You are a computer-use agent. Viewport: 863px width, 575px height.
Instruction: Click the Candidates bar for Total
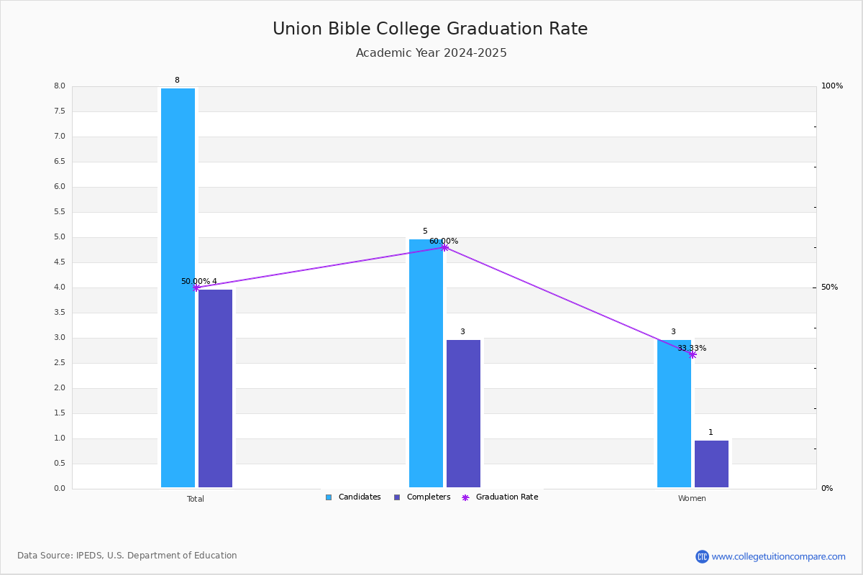[x=178, y=287]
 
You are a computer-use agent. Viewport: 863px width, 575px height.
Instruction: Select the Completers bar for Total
[x=215, y=388]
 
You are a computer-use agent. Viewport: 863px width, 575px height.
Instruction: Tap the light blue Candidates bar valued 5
[x=426, y=363]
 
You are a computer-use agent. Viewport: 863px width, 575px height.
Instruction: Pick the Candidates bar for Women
[x=675, y=413]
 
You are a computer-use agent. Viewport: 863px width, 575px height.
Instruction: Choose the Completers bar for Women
[x=711, y=464]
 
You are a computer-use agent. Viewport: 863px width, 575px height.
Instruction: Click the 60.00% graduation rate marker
[x=444, y=247]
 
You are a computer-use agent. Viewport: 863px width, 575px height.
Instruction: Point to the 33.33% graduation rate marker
[x=693, y=355]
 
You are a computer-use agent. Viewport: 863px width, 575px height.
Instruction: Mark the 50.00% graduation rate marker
[x=196, y=287]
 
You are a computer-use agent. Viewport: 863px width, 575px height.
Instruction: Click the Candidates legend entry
[x=353, y=497]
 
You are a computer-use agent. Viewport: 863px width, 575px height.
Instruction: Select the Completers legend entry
[x=422, y=497]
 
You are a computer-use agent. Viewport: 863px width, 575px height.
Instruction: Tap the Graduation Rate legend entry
[x=500, y=497]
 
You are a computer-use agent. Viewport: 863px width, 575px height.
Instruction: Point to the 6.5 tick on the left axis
[x=60, y=162]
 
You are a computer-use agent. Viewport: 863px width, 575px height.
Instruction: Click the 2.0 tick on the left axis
[x=60, y=388]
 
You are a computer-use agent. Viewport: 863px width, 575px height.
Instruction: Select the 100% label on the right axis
[x=832, y=86]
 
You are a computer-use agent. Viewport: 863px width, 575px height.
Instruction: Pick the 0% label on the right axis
[x=827, y=488]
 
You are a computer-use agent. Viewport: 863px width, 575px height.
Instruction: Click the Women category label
[x=692, y=498]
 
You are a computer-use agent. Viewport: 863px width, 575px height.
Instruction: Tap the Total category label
[x=196, y=499]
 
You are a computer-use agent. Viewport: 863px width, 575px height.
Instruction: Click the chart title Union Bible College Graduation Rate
[x=430, y=29]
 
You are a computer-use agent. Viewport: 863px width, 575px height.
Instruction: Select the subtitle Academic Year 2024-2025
[x=431, y=52]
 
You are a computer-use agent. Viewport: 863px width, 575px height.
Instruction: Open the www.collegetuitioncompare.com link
[x=778, y=556]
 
